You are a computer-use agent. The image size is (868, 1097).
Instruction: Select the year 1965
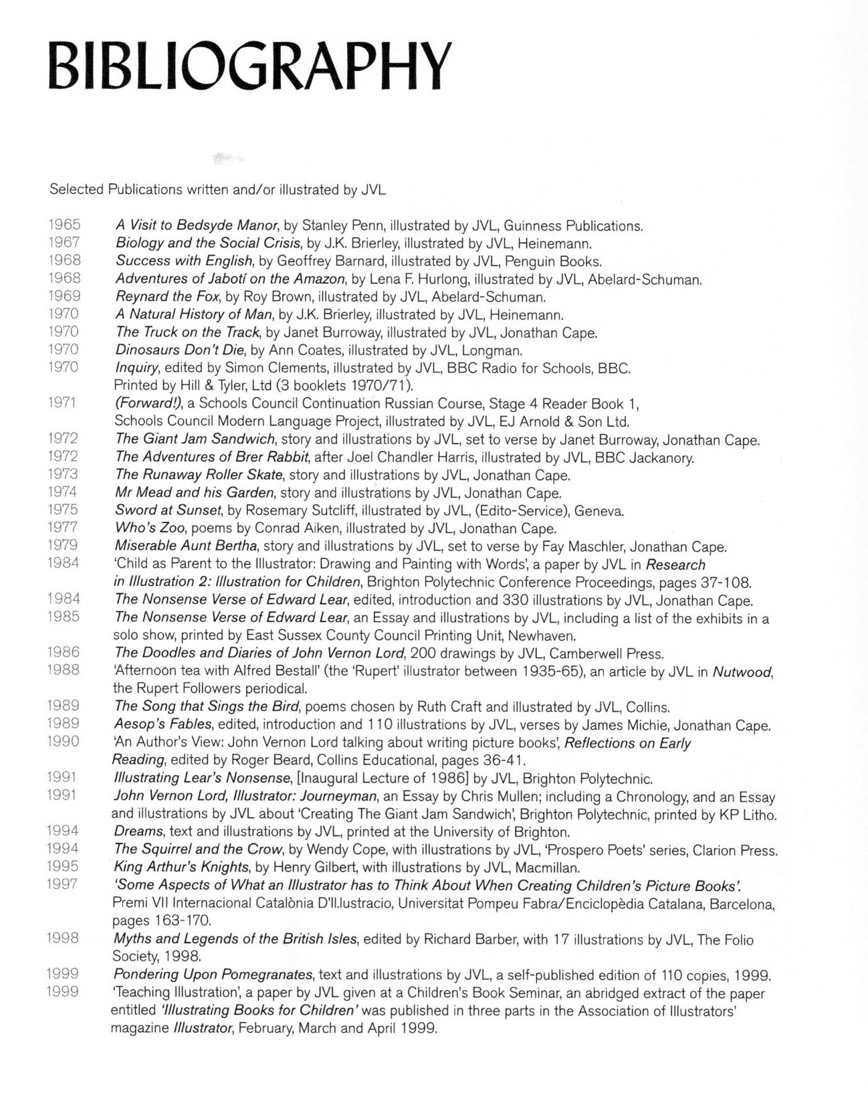click(x=64, y=225)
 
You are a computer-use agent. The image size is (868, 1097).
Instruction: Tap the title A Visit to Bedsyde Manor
click(x=196, y=225)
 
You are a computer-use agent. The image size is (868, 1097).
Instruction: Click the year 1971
click(x=64, y=403)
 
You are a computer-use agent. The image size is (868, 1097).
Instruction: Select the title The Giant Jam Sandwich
click(x=195, y=439)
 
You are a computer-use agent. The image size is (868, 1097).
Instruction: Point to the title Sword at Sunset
click(x=167, y=511)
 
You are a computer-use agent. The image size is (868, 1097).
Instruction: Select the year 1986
click(x=64, y=652)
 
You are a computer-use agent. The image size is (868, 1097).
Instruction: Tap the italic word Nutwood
click(x=742, y=672)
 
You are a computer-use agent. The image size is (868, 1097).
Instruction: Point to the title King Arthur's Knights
click(x=181, y=868)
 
